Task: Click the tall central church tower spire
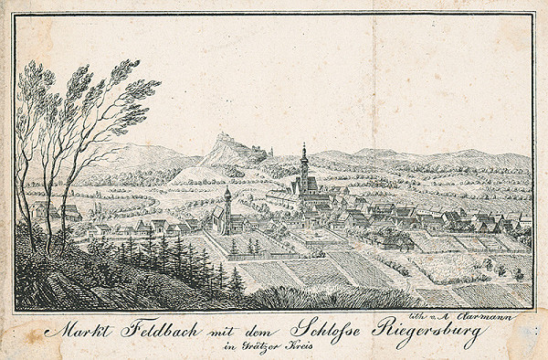[304, 157]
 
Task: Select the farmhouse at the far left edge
[68, 213]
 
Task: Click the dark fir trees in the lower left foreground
[174, 260]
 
